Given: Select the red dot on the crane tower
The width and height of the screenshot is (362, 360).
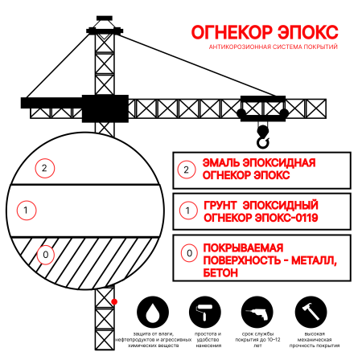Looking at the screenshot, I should [115, 301].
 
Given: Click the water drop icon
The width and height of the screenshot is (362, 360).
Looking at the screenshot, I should [153, 311].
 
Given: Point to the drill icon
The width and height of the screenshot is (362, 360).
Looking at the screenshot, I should [256, 311].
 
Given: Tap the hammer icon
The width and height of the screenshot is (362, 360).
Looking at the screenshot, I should [311, 311].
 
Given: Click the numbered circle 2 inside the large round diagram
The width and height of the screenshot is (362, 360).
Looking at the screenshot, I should [45, 168].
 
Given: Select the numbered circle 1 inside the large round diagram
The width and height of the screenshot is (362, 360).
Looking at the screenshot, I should [27, 211].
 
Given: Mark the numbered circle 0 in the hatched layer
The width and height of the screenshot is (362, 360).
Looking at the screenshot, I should [45, 255].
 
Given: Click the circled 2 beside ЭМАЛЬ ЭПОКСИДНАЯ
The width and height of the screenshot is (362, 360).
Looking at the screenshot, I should [187, 170].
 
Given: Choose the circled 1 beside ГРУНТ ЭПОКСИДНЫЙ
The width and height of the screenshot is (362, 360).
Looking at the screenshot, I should [187, 211].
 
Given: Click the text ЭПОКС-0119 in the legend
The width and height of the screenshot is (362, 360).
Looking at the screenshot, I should [286, 217].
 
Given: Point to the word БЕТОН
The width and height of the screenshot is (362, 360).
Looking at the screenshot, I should [222, 272].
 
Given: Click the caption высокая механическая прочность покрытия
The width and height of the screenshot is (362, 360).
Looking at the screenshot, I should [311, 338].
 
